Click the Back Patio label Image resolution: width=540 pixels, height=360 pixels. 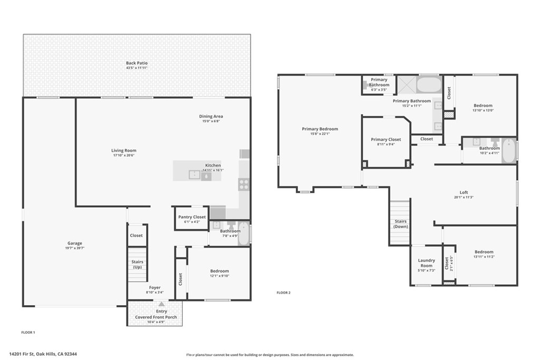point(137,63)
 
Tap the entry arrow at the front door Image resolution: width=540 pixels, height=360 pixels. point(161,304)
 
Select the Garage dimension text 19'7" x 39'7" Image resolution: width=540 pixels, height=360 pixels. point(75,248)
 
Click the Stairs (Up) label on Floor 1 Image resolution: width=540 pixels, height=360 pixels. point(138,264)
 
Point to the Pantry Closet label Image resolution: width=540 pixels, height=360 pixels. point(192,217)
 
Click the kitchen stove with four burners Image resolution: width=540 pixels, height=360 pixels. point(244,184)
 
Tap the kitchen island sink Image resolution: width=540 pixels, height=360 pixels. point(195,175)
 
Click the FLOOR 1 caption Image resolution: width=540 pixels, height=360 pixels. point(28,333)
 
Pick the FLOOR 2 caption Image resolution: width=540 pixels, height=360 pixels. point(283,293)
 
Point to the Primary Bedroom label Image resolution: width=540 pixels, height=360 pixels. point(320,129)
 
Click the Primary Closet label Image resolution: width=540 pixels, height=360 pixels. point(385,139)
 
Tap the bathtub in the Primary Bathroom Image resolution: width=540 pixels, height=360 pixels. point(429,84)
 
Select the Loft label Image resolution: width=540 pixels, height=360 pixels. point(464,192)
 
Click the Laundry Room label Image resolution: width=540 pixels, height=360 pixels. point(426,263)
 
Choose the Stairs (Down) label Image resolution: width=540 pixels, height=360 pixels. point(401,223)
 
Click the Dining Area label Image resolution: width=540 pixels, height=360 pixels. point(211,116)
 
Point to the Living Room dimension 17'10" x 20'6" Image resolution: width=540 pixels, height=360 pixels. point(123,155)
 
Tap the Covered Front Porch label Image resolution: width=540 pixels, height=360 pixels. point(156,317)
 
